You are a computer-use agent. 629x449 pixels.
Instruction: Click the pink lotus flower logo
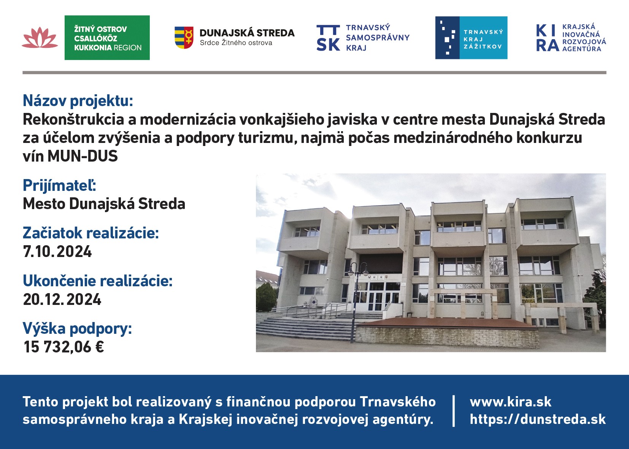pos(40,38)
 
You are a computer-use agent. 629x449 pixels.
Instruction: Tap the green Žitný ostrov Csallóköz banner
pos(107,38)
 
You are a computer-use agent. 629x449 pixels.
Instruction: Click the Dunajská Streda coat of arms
pos(184,38)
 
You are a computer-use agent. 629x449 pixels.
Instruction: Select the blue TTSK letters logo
pos(328,38)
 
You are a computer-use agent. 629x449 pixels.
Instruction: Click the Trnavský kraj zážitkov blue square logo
pos(471,38)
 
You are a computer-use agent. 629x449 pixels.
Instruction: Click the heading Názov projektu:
pos(78,101)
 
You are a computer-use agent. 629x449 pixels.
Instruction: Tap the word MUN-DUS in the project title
pos(83,156)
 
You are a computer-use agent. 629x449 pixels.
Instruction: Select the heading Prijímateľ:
pos(60,185)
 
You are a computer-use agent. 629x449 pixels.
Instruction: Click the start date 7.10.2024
pos(57,251)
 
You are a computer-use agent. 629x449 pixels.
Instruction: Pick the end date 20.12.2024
pos(62,299)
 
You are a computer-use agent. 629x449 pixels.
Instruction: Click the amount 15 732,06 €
pos(64,347)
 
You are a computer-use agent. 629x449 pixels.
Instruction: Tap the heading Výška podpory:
pos(77,328)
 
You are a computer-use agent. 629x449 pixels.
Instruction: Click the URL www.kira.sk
pos(510,402)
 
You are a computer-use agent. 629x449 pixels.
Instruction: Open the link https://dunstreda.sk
pos(537,419)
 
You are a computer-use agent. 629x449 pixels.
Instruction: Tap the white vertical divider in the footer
pos(454,411)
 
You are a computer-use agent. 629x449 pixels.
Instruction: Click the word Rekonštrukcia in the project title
pos(73,119)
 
